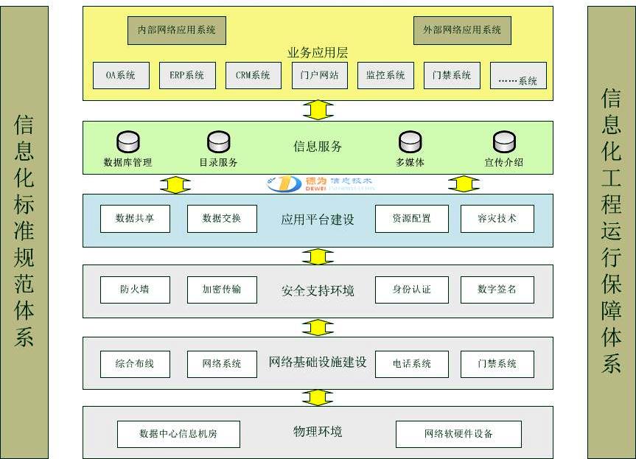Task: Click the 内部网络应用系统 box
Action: tap(177, 30)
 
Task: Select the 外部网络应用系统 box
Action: tap(462, 30)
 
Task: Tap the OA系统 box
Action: tap(121, 75)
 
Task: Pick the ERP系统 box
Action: tap(187, 75)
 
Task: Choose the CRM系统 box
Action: tap(253, 75)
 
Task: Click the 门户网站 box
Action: tap(320, 75)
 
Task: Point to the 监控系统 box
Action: tap(385, 75)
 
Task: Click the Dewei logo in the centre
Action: tap(320, 183)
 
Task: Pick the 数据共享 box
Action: tap(135, 219)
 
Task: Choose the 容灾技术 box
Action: tap(497, 219)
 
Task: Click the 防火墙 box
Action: tap(135, 290)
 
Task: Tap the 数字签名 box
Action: tap(497, 290)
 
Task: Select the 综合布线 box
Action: tap(135, 364)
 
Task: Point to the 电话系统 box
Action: tap(411, 364)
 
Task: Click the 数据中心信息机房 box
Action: tap(178, 434)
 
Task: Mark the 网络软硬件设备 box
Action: tap(458, 434)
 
